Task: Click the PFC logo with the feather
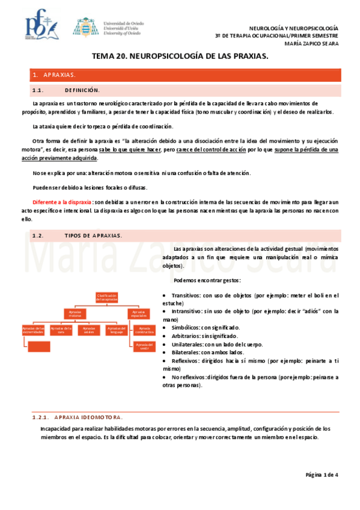[x=41, y=26]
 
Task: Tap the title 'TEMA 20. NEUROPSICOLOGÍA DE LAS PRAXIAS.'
[x=180, y=56]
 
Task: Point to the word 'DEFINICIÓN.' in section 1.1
[x=82, y=90]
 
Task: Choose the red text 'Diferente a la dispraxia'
[x=63, y=203]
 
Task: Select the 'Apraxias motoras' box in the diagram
[x=75, y=313]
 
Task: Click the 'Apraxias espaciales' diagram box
[x=138, y=313]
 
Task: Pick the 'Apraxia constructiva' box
[x=144, y=330]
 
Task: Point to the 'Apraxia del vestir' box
[x=144, y=346]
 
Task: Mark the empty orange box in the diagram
[x=39, y=346]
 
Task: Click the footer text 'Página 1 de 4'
[x=322, y=475]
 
